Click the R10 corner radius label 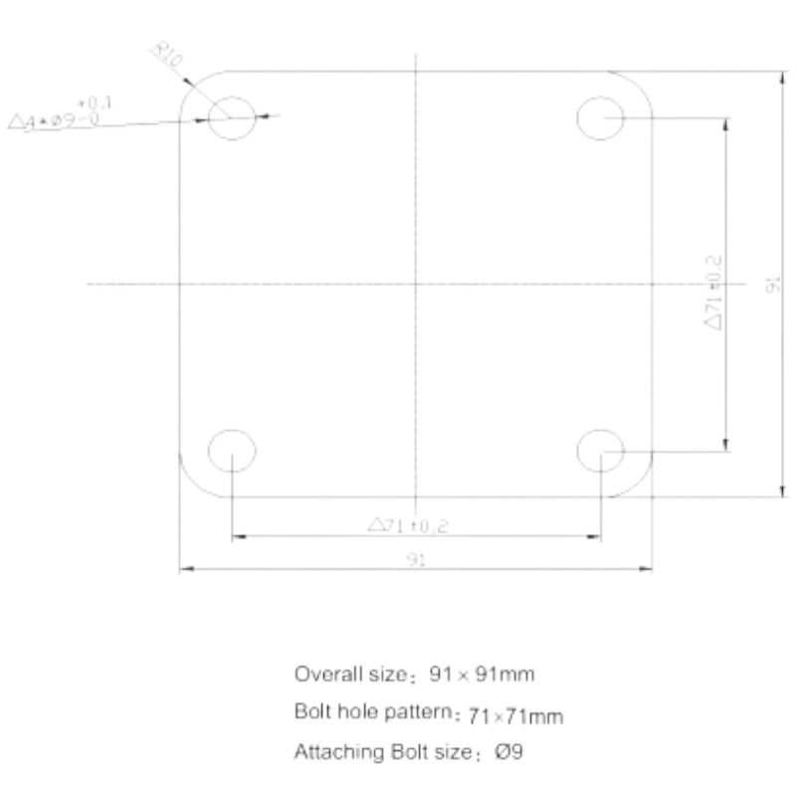tap(167, 55)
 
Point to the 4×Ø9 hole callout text tap(54, 121)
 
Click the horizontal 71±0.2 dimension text tap(408, 525)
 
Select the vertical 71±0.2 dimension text tap(713, 293)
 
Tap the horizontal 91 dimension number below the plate tap(416, 559)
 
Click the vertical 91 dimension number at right tap(773, 285)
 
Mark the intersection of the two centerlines tap(416, 284)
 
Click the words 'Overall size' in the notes tap(350, 675)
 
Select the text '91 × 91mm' tap(482, 675)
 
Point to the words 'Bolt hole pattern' tap(372, 711)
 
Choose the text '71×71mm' tap(515, 716)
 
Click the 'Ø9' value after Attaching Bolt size tap(508, 752)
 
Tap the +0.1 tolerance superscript tap(95, 103)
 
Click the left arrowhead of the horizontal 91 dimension tap(187, 569)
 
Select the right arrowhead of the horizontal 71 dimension tap(594, 536)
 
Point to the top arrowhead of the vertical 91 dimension tap(783, 79)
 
